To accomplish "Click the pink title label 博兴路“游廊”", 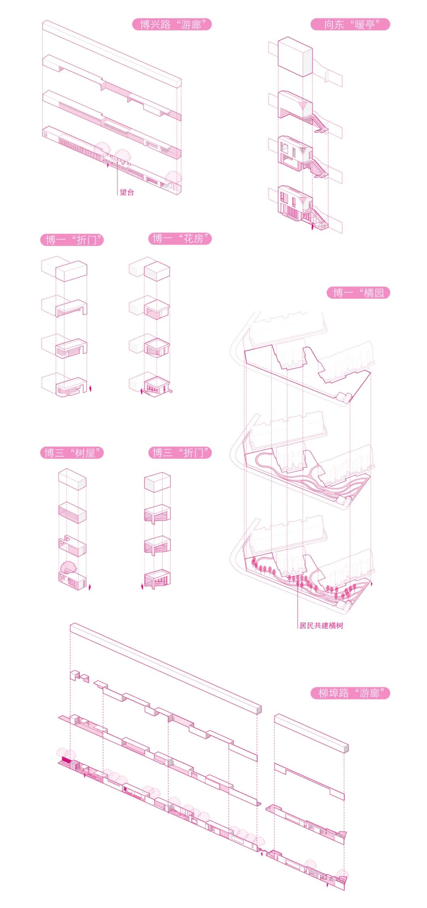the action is pyautogui.click(x=172, y=24).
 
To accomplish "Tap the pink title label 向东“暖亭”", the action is pyautogui.click(x=350, y=24).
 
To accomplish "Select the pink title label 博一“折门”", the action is pyautogui.click(x=72, y=240).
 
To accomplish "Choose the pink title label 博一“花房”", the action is pyautogui.click(x=180, y=239).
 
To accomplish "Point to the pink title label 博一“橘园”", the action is pyautogui.click(x=358, y=293).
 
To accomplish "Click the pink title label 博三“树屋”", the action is pyautogui.click(x=72, y=453).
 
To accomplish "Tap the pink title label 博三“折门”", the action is pyautogui.click(x=180, y=453).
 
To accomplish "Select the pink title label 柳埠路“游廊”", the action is pyautogui.click(x=350, y=693).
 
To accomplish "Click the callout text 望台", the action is pyautogui.click(x=127, y=192).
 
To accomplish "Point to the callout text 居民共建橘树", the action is pyautogui.click(x=321, y=625).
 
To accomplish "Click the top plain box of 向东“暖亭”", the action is pyautogui.click(x=295, y=57).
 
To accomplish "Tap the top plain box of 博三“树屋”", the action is pyautogui.click(x=72, y=479).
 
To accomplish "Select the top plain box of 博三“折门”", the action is pyautogui.click(x=157, y=482).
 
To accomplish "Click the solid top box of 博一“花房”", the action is pyautogui.click(x=157, y=271).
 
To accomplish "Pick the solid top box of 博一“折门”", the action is pyautogui.click(x=71, y=271).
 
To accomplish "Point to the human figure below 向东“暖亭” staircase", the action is pyautogui.click(x=312, y=226).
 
